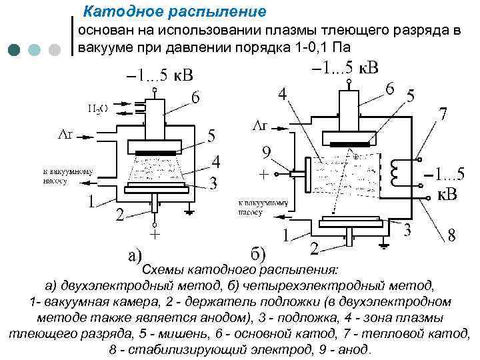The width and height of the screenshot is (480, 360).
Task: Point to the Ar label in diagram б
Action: pos(259,125)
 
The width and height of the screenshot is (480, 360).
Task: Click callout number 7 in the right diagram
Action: pos(441,115)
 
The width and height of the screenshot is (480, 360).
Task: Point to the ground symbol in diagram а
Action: pos(189,211)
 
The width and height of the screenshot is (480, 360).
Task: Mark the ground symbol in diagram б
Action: pos(383,250)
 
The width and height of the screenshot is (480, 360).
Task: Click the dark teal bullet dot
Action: pos(15,50)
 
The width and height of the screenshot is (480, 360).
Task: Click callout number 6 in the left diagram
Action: pos(195,97)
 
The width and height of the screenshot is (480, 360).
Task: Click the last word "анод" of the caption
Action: pos(351,349)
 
